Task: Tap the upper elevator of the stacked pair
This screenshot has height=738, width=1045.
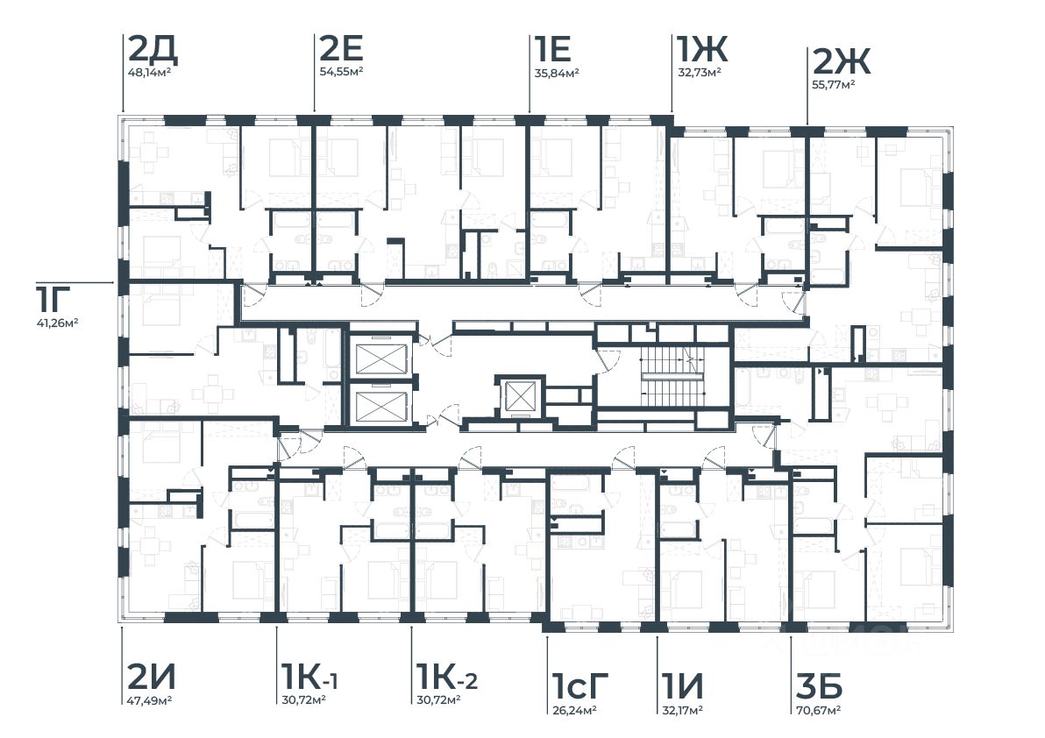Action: (381, 358)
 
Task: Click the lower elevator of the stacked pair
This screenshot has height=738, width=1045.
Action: (381, 406)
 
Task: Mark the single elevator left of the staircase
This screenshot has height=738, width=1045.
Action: (521, 396)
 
